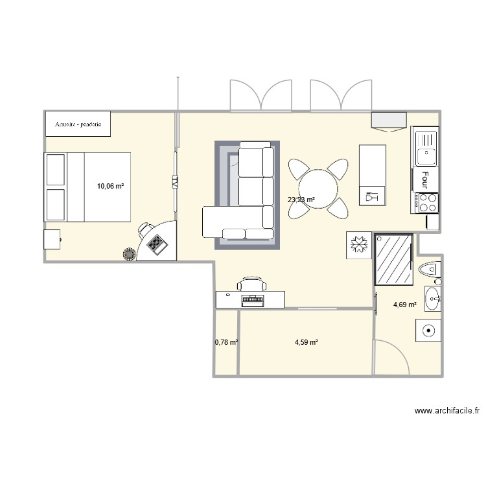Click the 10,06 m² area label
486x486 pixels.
pyautogui.click(x=110, y=186)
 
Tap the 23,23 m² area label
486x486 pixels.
pyautogui.click(x=301, y=200)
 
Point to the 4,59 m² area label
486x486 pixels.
pyautogui.click(x=306, y=342)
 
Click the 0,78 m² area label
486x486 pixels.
pyautogui.click(x=226, y=342)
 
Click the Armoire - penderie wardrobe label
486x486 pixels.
pyautogui.click(x=77, y=123)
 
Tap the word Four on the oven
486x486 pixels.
pyautogui.click(x=425, y=179)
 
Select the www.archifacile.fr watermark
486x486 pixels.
pyautogui.click(x=446, y=410)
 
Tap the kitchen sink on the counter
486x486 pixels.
pyautogui.click(x=426, y=155)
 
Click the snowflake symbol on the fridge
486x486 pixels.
pyautogui.click(x=358, y=246)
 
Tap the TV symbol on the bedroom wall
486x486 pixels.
pyautogui.click(x=174, y=182)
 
